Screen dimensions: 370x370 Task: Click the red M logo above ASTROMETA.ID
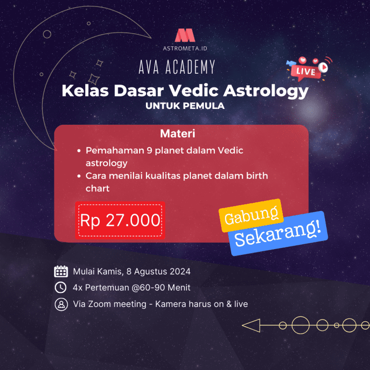185,36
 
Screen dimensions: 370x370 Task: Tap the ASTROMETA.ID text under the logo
185,48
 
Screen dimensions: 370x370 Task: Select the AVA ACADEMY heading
177,67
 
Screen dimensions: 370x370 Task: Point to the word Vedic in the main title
196,91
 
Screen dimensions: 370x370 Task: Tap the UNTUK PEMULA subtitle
185,106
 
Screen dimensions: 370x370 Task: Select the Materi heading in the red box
177,133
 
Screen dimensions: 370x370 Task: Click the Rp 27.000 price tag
120,220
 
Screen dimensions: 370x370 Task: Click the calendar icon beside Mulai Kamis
61,271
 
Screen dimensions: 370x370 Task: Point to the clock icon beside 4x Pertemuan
61,288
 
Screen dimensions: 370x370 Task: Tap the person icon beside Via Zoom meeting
61,304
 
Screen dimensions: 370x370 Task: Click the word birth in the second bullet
256,176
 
